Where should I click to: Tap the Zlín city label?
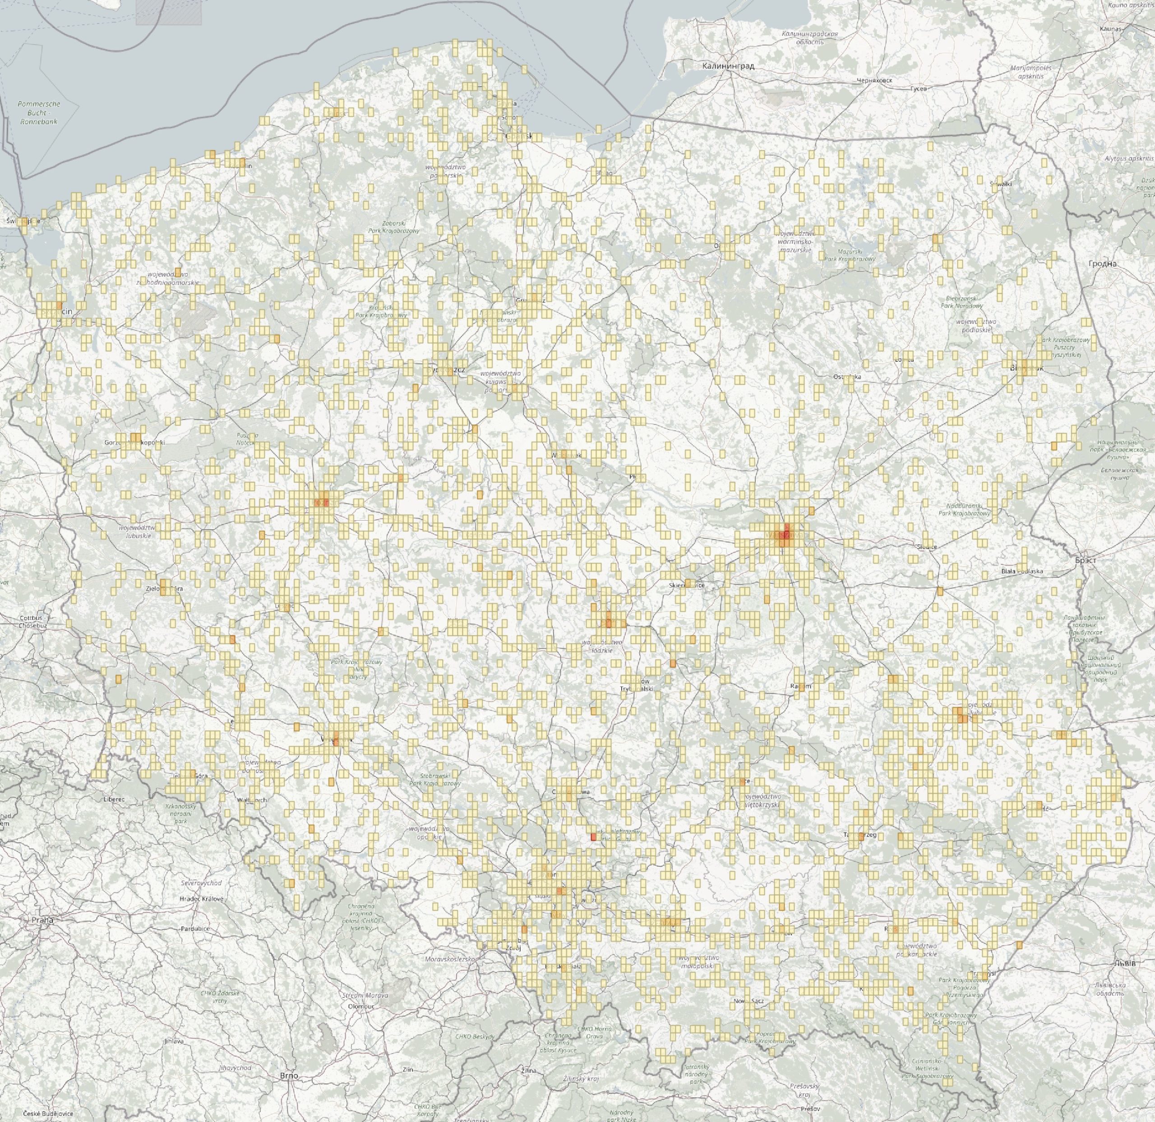(x=408, y=1053)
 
